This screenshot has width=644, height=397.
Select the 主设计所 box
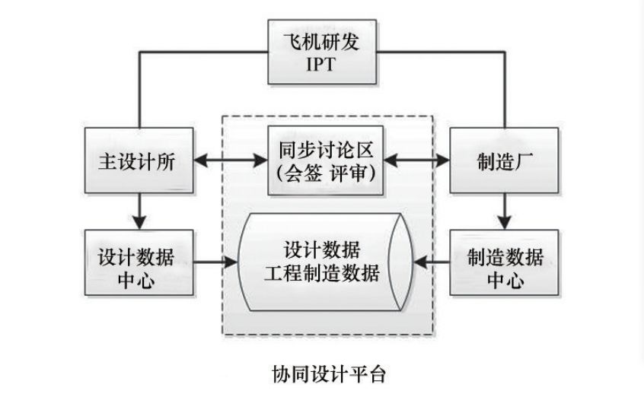(x=139, y=161)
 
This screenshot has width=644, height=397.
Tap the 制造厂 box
(x=503, y=161)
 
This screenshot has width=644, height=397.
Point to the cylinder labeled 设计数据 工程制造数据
(x=324, y=262)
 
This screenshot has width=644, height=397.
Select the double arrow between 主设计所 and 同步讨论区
(x=229, y=161)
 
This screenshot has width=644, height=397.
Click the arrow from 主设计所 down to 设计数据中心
(x=139, y=209)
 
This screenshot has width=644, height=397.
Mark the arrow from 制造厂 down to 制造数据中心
(x=505, y=209)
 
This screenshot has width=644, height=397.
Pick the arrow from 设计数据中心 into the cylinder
(x=214, y=263)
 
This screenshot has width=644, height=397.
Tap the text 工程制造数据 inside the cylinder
(x=324, y=274)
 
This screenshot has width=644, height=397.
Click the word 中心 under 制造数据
(x=505, y=279)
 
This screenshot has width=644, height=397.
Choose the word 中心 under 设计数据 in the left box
(x=139, y=279)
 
